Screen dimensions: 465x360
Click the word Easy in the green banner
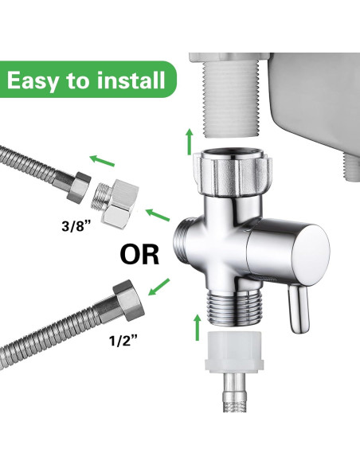41,80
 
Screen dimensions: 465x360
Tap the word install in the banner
127,80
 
